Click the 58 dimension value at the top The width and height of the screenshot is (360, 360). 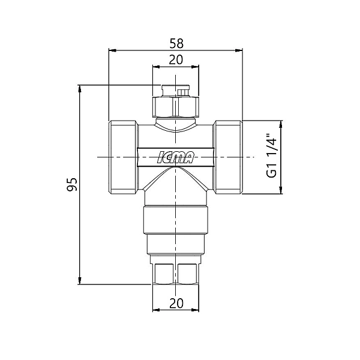tap(176, 43)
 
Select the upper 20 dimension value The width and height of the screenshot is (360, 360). tap(176, 60)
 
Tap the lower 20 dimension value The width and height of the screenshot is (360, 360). tap(176, 303)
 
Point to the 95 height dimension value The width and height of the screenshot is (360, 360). tap(72, 184)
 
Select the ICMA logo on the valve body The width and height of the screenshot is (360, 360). tap(176, 157)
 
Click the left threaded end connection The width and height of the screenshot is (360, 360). tap(123, 157)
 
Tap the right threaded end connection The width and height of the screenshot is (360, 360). tap(228, 157)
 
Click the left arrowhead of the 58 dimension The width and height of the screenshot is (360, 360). tap(113, 50)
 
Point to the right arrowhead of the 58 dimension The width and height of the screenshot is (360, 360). tap(239, 50)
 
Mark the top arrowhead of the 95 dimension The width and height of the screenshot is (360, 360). tap(80, 89)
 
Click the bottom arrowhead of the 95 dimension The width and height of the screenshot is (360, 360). tap(80, 281)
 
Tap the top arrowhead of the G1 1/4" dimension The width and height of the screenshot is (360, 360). tap(280, 124)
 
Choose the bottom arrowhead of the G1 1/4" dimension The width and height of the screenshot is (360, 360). tap(280, 190)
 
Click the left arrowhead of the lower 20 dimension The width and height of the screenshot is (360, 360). tap(157, 310)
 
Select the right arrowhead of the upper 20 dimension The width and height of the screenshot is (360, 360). tap(195, 67)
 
